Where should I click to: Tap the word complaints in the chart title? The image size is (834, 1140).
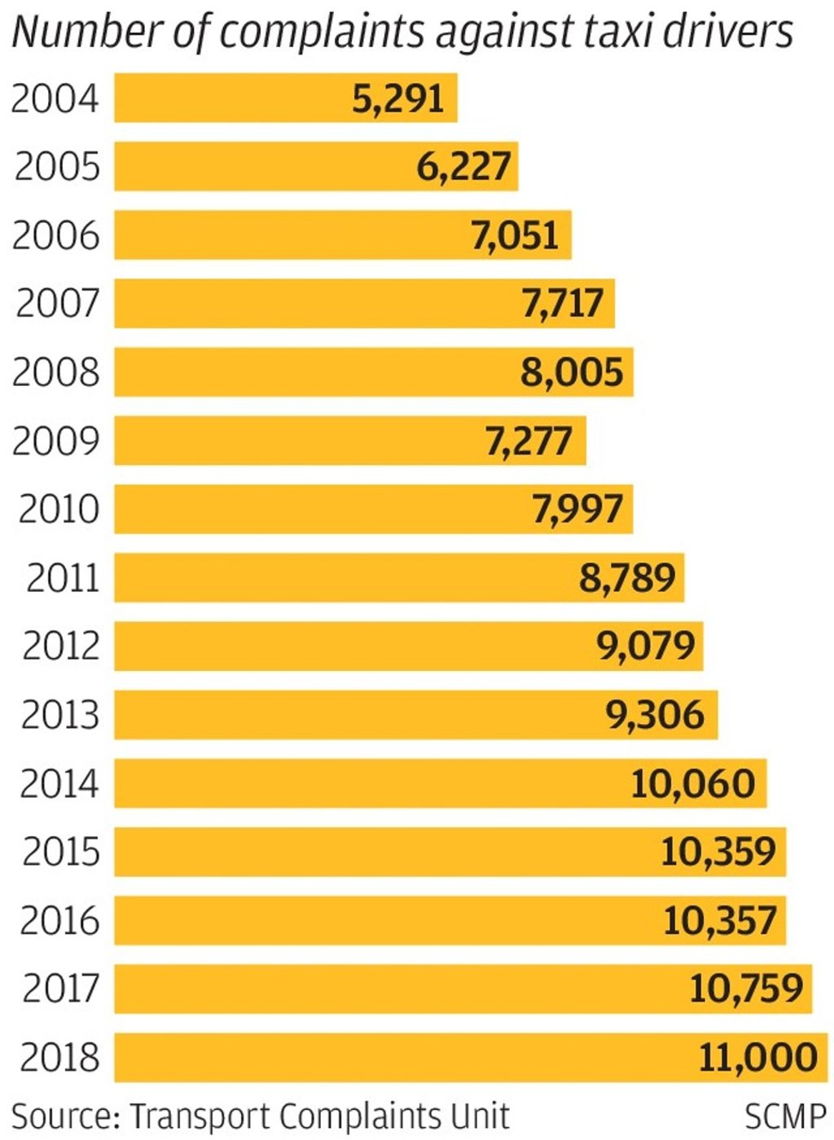coord(323,33)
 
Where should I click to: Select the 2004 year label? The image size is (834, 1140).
coord(55,99)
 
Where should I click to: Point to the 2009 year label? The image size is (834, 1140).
coord(55,441)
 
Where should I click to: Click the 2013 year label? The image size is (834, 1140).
coord(59,715)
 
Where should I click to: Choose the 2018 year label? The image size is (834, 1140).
coord(59,1057)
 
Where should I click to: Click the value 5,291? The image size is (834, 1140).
coord(398,99)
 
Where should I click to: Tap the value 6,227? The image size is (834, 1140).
coord(463,167)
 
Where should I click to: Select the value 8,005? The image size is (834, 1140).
coord(572,372)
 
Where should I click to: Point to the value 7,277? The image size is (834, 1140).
coord(529,441)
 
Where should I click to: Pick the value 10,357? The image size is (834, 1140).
coord(719,920)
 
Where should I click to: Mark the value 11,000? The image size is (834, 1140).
coord(757,1057)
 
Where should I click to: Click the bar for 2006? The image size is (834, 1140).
coord(285,235)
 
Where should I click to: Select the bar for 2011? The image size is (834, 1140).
coord(326,577)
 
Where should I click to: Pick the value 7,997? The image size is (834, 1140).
coord(577,509)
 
